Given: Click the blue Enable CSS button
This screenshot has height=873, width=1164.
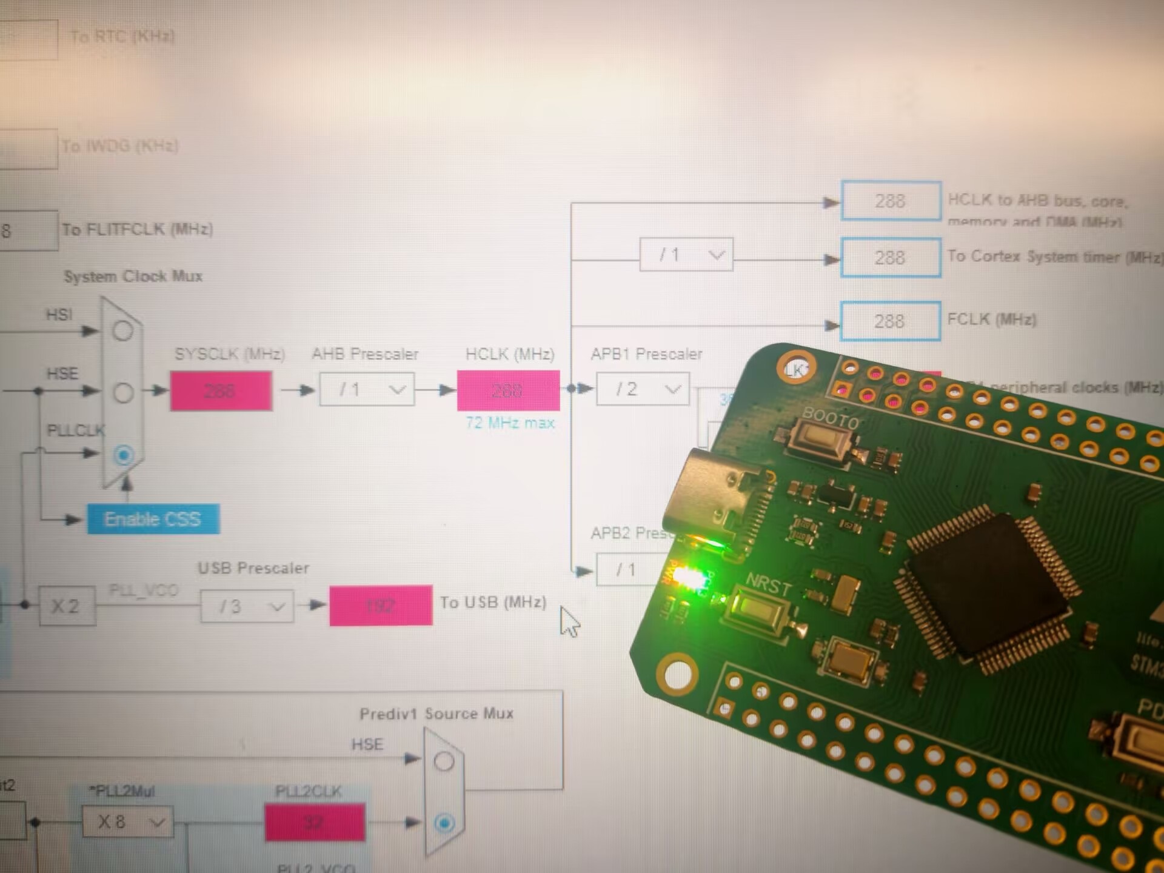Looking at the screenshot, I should (153, 519).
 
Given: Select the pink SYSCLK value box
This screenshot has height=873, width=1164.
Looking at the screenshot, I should (221, 391).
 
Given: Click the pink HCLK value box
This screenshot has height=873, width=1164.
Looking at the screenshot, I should (507, 390).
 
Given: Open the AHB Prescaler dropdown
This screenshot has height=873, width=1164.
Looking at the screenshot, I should (367, 389).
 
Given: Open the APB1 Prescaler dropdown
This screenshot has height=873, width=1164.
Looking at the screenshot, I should (643, 389).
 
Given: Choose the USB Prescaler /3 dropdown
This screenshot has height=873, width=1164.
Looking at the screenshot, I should (247, 606).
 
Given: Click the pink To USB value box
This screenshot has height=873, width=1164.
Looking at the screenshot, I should (381, 605).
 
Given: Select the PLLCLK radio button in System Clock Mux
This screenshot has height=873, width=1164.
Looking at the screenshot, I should (124, 455).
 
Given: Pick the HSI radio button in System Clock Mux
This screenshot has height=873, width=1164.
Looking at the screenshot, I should (123, 331).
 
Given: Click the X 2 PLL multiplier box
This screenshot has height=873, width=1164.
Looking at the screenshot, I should (67, 606).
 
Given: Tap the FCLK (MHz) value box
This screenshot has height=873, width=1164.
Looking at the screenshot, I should (890, 321).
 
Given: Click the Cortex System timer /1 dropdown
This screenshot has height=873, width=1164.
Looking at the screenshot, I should (686, 255).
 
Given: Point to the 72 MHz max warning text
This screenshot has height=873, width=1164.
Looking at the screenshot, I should (510, 423).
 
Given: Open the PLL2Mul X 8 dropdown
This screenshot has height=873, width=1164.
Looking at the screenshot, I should (127, 822).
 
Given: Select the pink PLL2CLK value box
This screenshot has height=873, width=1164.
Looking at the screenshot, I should (315, 822).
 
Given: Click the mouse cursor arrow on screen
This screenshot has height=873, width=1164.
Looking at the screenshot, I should (569, 620).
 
